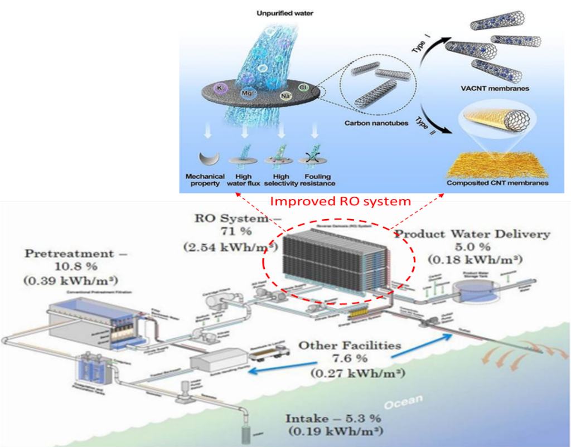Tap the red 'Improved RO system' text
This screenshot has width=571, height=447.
tap(341, 201)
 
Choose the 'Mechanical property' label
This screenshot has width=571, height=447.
tap(203, 179)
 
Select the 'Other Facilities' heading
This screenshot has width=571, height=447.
tap(350, 346)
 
